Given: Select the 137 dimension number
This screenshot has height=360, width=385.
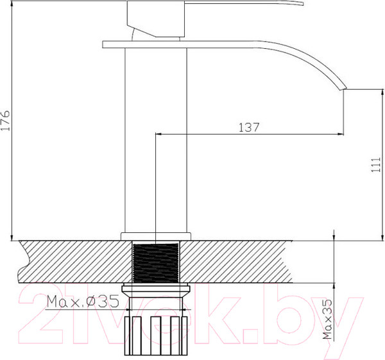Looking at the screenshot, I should click(249, 127).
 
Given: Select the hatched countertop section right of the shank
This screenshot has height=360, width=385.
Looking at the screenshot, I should click(257, 260).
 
